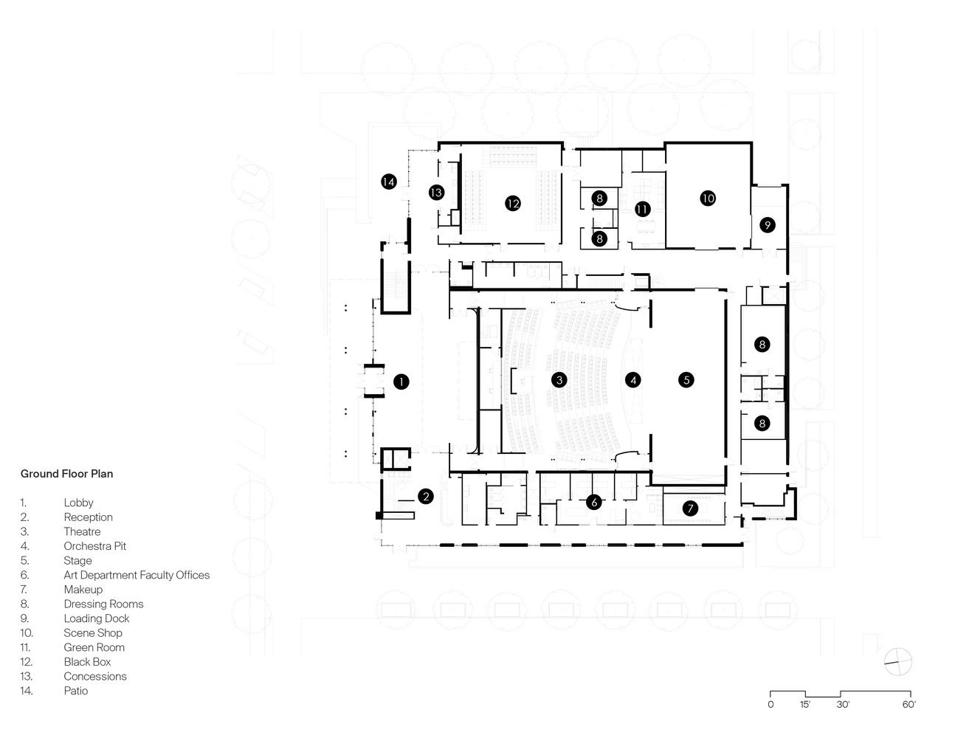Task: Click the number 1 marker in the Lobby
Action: coord(401,382)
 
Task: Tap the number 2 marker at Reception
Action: coord(425,496)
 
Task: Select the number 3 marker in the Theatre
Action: coord(560,380)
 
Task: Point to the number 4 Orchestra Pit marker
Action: coord(632,380)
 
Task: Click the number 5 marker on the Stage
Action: coord(686,380)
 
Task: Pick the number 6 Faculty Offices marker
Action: coord(593,503)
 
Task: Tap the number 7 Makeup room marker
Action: coord(690,508)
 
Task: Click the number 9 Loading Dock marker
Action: coord(768,224)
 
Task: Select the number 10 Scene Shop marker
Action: coord(708,198)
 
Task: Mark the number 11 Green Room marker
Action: coord(643,209)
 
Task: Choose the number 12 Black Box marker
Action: coord(513,203)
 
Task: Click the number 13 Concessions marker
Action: coord(436,193)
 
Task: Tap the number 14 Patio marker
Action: coord(388,181)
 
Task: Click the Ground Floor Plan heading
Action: coord(66,474)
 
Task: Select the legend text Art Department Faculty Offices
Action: coord(137,575)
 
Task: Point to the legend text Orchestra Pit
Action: coord(94,546)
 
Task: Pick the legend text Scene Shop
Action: coord(93,632)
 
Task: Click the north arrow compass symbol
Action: coord(897,661)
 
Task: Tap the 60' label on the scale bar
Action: coord(909,705)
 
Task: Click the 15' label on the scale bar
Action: coord(804,705)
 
